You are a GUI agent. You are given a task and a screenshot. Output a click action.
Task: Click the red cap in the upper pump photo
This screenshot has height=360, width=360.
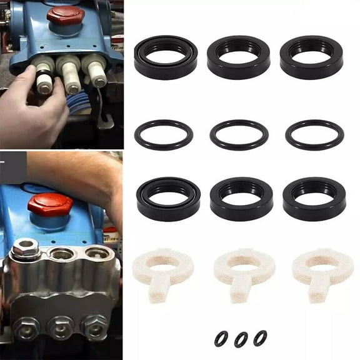[x=65, y=17]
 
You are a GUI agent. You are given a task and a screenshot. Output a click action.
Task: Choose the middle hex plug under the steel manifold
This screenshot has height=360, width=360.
[x=61, y=327]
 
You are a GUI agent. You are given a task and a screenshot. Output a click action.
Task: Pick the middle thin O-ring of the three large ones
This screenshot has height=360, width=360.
[x=239, y=135]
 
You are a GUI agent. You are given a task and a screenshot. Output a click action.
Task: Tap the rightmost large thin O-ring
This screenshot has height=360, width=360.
[x=314, y=135]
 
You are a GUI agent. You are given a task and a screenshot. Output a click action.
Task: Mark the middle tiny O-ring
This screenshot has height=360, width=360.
[x=241, y=339]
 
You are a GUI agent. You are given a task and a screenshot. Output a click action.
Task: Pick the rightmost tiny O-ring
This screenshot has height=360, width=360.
[x=260, y=338]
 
